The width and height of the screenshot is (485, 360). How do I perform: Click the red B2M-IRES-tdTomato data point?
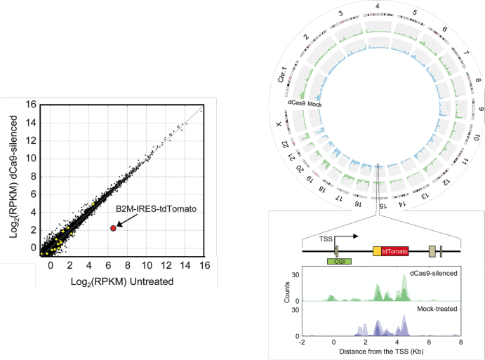(113, 228)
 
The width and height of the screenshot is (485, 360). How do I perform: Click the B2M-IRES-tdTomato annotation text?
(157, 209)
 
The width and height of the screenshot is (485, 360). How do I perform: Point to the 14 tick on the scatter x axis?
(185, 265)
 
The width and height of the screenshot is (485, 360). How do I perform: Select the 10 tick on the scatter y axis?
(32, 159)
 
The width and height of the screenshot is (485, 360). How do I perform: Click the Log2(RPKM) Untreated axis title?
(122, 281)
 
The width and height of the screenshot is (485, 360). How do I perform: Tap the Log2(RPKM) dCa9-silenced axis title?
(13, 177)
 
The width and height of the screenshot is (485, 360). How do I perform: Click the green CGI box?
(339, 261)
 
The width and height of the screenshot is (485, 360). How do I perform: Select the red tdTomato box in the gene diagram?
(394, 251)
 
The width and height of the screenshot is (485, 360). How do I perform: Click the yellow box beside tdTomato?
(377, 251)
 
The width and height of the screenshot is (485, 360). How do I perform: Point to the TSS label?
(326, 239)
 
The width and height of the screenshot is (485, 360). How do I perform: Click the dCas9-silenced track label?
(433, 274)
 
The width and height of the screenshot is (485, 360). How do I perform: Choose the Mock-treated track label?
(437, 309)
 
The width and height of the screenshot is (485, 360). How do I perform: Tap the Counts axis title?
(287, 292)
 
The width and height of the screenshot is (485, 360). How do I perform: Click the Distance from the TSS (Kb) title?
(381, 352)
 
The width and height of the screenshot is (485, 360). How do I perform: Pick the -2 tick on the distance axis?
(301, 342)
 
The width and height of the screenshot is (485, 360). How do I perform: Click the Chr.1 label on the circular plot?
(282, 75)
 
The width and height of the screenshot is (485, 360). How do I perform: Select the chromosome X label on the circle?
(279, 124)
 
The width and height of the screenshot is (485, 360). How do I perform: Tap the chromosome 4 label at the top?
(378, 6)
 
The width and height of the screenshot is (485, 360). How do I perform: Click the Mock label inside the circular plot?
(314, 105)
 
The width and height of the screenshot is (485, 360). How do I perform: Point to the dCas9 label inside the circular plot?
(296, 102)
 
